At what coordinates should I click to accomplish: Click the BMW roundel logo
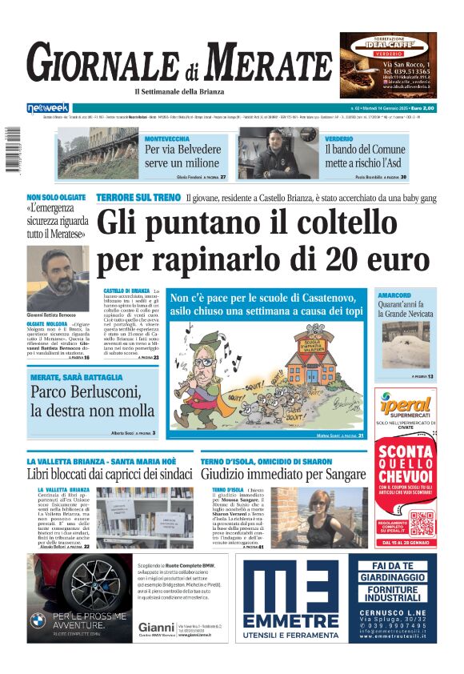point(38,620)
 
